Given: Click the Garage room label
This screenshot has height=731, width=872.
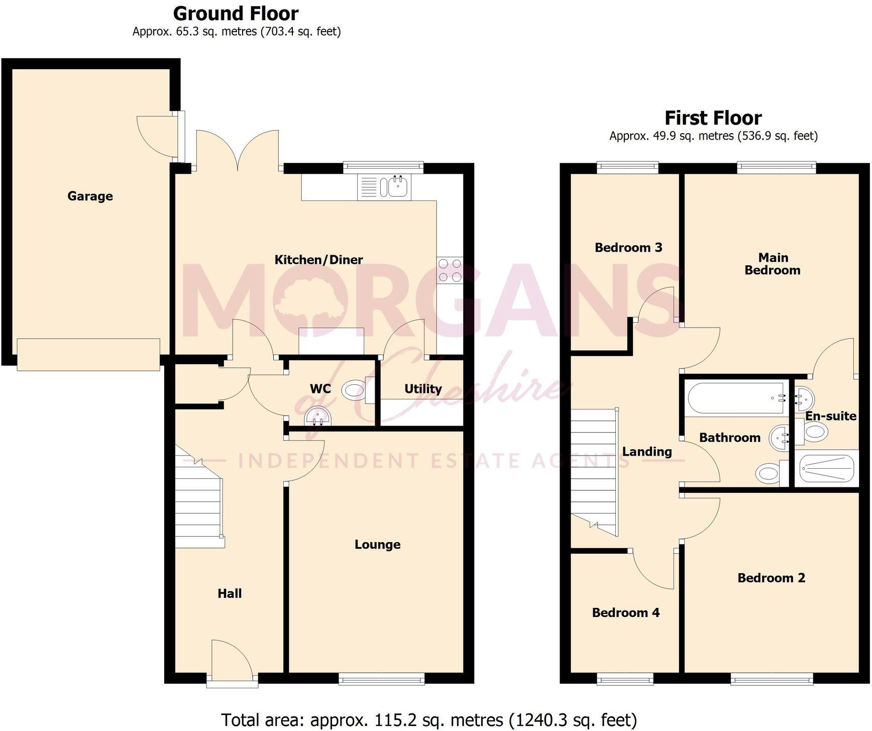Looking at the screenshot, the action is pos(90,196).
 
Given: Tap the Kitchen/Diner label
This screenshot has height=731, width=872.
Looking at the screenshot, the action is pos(318,260).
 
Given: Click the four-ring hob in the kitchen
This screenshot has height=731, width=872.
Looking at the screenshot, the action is pos(450,270).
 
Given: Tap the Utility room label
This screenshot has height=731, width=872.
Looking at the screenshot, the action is pos(423,389).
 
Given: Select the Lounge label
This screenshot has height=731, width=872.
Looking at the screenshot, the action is pos(377,545).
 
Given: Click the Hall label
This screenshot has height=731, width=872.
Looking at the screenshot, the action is pos(230,593).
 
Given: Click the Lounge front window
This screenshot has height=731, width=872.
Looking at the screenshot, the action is pos(382,679).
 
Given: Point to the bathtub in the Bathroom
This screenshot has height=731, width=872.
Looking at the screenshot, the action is pos(736,399).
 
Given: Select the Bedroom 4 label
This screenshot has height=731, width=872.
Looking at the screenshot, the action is pos(626,612).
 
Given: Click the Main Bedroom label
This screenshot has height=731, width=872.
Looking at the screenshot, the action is pos(773,264).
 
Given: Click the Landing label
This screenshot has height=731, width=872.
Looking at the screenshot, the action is pos(647,452).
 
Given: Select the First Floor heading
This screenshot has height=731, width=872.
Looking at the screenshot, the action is pos(713,118).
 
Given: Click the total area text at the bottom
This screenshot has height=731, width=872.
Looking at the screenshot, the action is pos(429,720).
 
